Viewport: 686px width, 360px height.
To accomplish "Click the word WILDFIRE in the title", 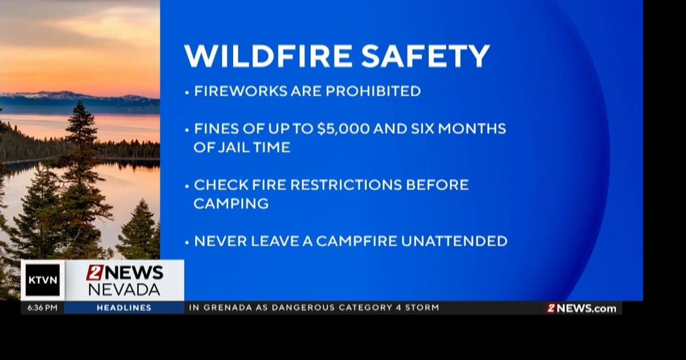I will coord(269,56).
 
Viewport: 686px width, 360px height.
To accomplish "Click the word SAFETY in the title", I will coord(426,56).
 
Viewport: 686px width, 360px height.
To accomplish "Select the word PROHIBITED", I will coord(373,91).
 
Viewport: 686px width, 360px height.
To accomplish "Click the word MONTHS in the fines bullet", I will coord(476,129).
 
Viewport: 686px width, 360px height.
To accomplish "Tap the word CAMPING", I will coord(231,204).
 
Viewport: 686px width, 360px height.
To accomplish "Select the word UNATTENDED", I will coord(454,241).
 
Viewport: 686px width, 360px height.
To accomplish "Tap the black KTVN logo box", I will coord(43,280).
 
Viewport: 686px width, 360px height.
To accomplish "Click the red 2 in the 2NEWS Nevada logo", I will coord(94,273).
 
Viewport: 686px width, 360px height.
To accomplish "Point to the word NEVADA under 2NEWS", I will coord(124,290).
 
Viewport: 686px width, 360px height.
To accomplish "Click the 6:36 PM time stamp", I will coord(42,308).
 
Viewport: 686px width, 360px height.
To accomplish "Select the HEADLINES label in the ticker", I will coord(124,308).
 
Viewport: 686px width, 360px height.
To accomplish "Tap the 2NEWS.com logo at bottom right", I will coord(581,308).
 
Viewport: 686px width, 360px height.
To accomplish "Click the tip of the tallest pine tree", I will coord(81,102).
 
